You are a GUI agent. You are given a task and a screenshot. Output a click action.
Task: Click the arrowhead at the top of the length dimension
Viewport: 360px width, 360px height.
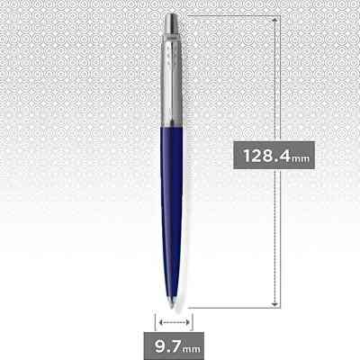click(277, 18)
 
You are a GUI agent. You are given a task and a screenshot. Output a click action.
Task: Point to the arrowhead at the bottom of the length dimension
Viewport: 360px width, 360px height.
click(277, 304)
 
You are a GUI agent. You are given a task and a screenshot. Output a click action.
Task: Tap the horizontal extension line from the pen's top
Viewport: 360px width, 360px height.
click(234, 13)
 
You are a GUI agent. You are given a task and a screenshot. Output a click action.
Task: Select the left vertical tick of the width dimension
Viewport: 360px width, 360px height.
click(155, 320)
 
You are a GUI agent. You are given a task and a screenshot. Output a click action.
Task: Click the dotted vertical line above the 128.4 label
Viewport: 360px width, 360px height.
click(277, 81)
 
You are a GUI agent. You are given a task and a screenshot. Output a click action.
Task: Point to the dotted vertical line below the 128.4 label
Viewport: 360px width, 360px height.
click(277, 234)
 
